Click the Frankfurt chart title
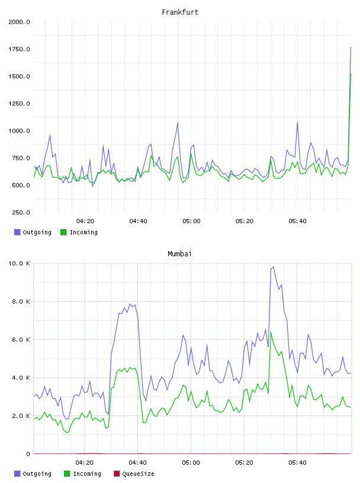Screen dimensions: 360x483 click(180, 12)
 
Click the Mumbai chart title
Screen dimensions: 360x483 click(179, 254)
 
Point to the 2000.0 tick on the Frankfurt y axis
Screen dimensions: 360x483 click(19, 22)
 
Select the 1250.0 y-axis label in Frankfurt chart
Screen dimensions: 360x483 click(19, 104)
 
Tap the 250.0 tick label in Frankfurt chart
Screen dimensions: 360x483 click(21, 212)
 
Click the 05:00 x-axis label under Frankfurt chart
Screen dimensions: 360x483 click(191, 221)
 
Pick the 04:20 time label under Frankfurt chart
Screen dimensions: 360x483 click(85, 221)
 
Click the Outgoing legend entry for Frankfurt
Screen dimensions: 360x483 click(33, 232)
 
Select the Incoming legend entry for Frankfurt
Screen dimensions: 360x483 click(79, 232)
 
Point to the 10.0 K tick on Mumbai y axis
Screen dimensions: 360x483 click(19, 263)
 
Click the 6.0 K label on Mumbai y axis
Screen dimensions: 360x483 click(21, 340)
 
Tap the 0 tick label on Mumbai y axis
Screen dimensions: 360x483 click(28, 454)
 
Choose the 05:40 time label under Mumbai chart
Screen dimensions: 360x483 click(297, 463)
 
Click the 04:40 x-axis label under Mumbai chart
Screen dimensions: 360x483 click(138, 463)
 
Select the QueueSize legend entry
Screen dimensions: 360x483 click(134, 474)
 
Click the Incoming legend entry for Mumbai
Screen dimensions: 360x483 click(82, 474)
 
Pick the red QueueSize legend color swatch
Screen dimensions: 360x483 click(117, 474)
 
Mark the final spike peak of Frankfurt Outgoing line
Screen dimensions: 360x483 click(351, 47)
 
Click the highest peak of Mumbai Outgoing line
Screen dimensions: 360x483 click(274, 267)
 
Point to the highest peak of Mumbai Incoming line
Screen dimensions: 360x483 click(271, 331)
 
